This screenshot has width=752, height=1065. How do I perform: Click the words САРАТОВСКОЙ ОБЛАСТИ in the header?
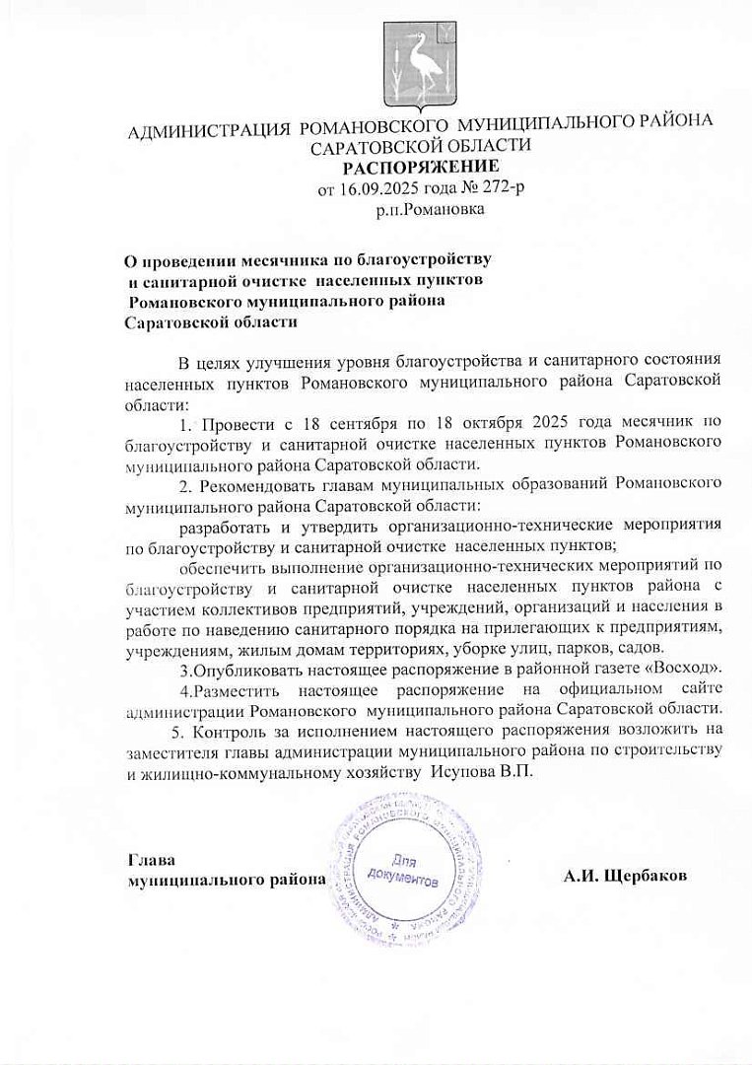tap(421, 146)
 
